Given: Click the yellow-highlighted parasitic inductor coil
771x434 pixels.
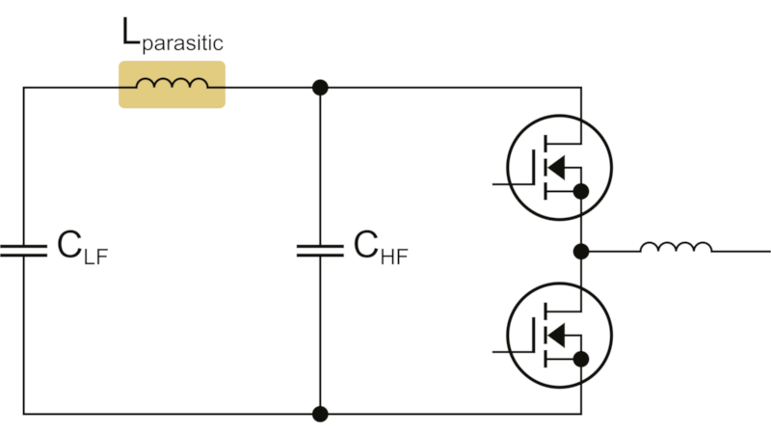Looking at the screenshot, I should click(172, 85).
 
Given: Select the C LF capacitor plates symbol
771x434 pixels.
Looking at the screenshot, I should click(23, 251).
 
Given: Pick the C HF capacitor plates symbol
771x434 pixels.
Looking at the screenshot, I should click(321, 251).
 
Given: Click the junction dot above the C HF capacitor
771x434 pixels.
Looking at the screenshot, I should click(321, 88).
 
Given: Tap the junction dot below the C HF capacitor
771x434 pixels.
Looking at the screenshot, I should click(321, 414).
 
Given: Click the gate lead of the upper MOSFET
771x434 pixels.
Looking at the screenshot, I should click(510, 182).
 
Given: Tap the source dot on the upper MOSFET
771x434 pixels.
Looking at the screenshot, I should click(580, 192).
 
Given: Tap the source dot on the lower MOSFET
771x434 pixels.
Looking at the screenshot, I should click(580, 359).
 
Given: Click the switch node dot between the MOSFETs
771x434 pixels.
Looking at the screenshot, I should click(580, 252).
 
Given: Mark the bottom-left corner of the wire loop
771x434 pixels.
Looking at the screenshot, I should click(23, 414).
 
